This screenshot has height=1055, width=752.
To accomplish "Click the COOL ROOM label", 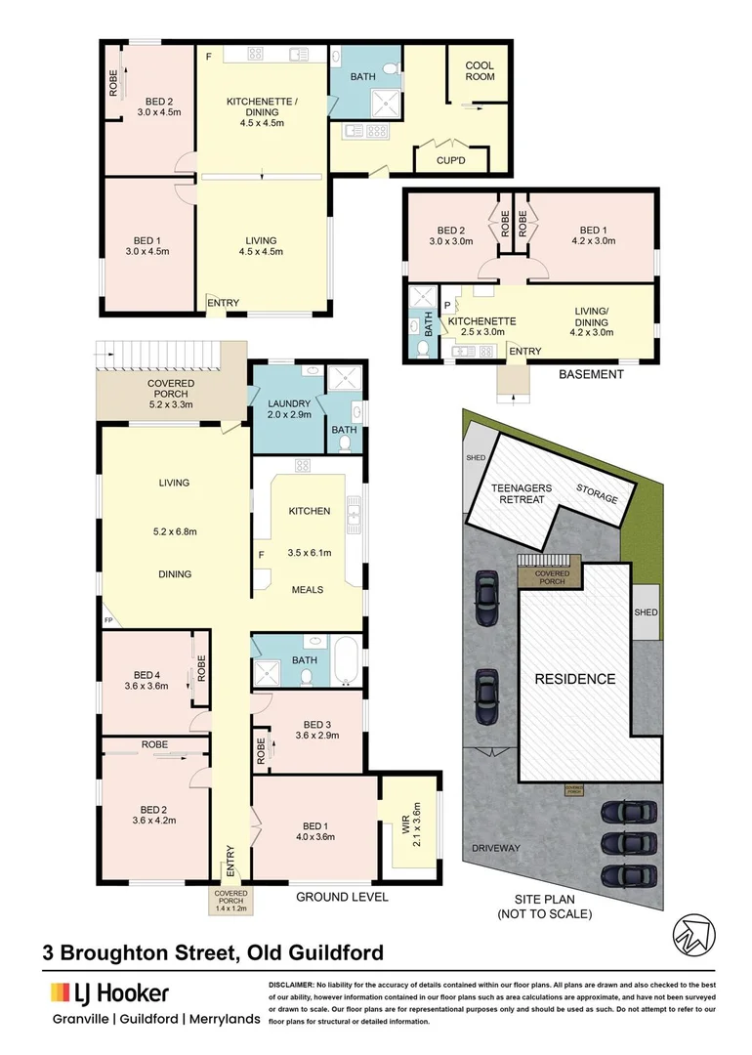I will [479, 72].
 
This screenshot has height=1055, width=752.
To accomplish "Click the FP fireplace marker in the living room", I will [107, 620].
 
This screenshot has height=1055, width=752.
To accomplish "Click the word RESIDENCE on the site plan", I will [573, 679].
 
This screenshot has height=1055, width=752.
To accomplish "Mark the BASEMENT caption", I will [590, 374].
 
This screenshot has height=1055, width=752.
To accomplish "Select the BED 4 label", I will [146, 674].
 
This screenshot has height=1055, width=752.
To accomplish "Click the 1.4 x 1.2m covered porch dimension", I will [231, 907].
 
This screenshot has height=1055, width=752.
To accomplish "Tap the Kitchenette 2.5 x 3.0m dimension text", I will [478, 332].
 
